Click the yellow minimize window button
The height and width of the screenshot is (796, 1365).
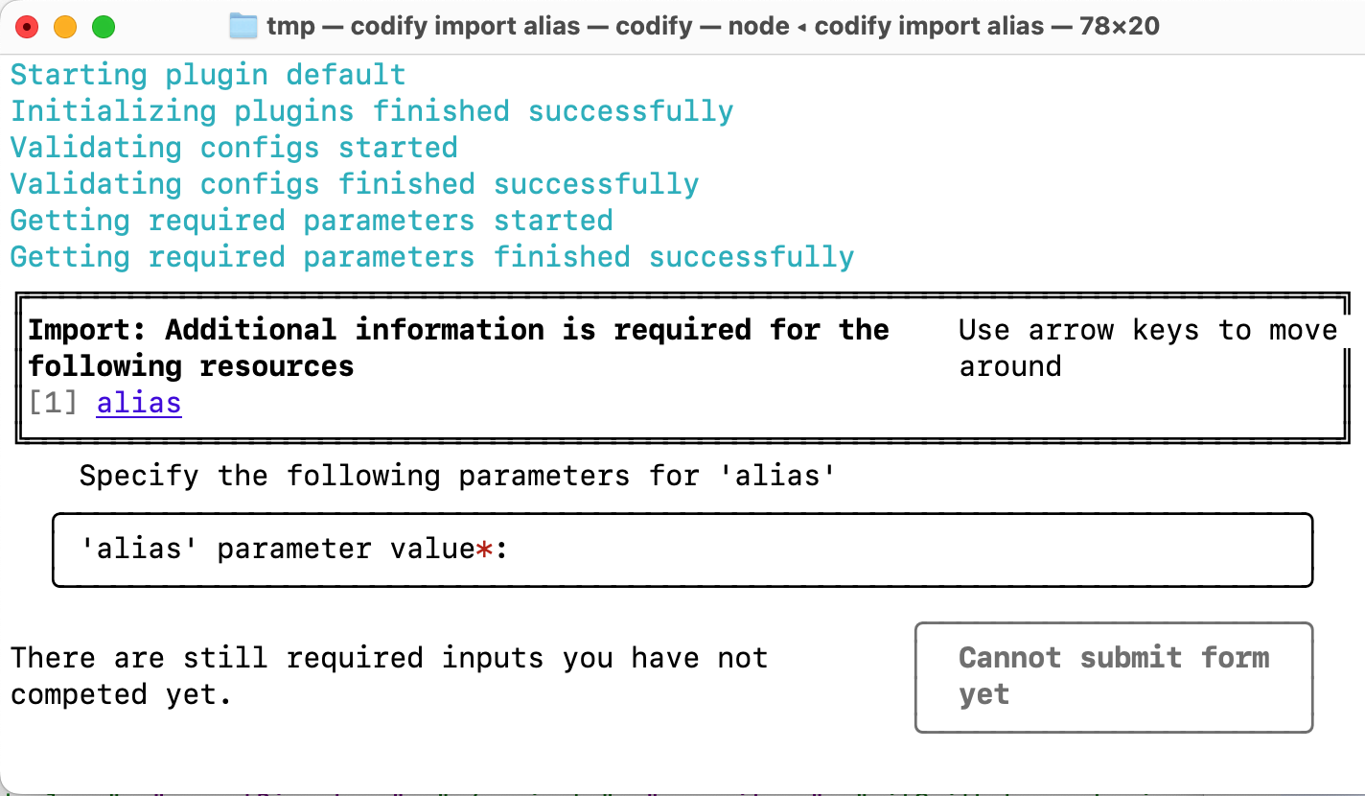pyautogui.click(x=65, y=27)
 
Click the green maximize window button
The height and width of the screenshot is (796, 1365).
pyautogui.click(x=103, y=27)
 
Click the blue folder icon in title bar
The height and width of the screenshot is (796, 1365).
pyautogui.click(x=244, y=26)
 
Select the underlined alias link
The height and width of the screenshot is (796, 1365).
pyautogui.click(x=139, y=403)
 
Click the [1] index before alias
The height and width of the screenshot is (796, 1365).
pyautogui.click(x=53, y=403)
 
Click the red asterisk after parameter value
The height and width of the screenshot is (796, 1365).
pyautogui.click(x=484, y=550)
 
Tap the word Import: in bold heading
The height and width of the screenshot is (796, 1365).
pyautogui.click(x=86, y=330)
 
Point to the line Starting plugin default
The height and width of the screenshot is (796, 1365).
pyautogui.click(x=208, y=75)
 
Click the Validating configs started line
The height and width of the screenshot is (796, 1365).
pyautogui.click(x=234, y=148)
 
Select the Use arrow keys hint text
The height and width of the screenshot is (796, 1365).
pyautogui.click(x=1146, y=331)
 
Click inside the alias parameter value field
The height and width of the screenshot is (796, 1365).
pyautogui.click(x=863, y=550)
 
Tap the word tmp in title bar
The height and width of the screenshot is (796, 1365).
pyautogui.click(x=290, y=26)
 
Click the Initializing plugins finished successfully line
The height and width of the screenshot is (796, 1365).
pyautogui.click(x=372, y=111)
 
